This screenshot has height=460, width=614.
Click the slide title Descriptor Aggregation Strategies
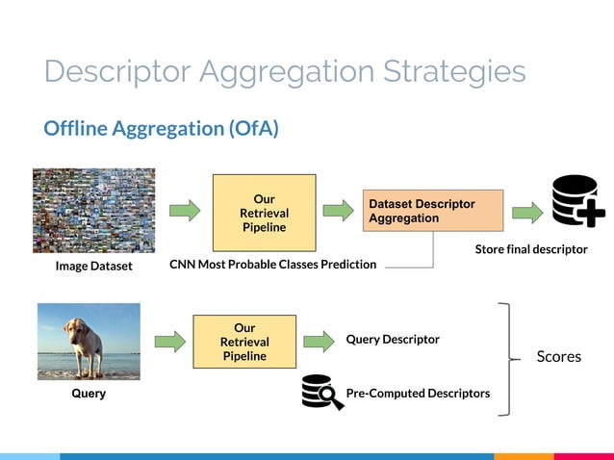tap(285, 72)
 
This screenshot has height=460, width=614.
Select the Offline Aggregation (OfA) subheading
tap(161, 128)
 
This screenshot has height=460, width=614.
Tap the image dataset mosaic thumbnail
tap(93, 210)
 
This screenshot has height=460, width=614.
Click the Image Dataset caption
tap(93, 266)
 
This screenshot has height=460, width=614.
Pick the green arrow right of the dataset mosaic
tap(184, 211)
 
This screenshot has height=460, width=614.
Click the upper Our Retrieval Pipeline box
tap(264, 213)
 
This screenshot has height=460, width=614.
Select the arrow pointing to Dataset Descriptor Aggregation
tap(338, 211)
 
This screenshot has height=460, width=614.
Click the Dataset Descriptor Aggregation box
tap(432, 211)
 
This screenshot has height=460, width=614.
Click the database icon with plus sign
tap(577, 201)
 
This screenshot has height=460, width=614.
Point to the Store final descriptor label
tap(531, 249)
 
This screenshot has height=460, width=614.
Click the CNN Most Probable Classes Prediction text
tap(272, 264)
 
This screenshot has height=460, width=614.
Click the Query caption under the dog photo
tap(89, 394)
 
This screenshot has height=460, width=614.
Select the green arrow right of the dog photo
tap(168, 341)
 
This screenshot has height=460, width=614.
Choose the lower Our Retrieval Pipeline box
tap(244, 342)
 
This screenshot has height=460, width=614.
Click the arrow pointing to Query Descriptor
tap(319, 341)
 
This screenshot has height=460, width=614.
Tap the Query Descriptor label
tap(393, 340)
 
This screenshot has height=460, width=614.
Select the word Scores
tap(558, 357)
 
